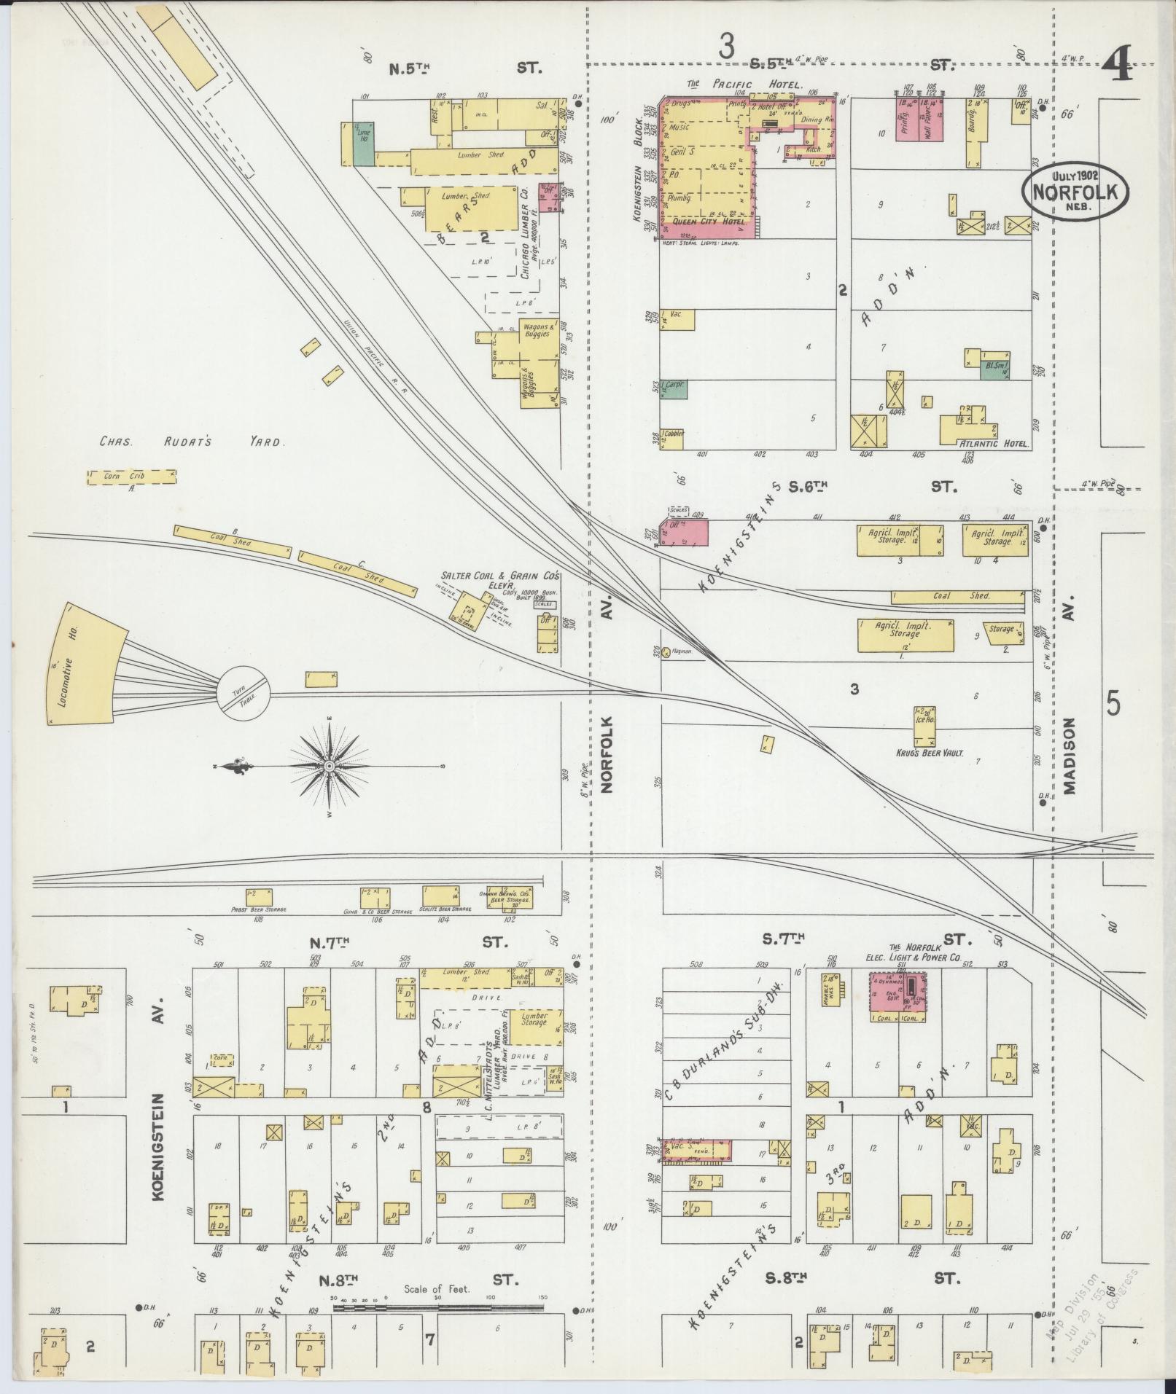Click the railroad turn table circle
point(244,694)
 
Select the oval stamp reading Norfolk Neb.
point(1075,190)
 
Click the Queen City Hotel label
point(708,222)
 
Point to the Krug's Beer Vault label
point(934,753)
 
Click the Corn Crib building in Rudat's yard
point(131,477)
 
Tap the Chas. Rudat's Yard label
point(192,442)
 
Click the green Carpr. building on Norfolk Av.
point(674,389)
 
